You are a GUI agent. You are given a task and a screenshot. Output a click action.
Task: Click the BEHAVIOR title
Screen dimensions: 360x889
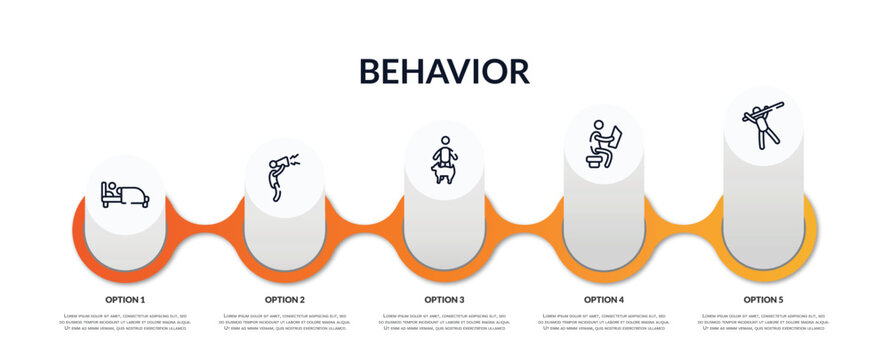pyautogui.click(x=444, y=71)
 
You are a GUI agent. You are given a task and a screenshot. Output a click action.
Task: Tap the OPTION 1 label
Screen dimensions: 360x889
pyautogui.click(x=125, y=299)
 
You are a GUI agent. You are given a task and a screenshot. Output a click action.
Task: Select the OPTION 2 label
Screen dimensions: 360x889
pyautogui.click(x=285, y=299)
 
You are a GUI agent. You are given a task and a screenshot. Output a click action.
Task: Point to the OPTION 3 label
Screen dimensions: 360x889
pyautogui.click(x=444, y=299)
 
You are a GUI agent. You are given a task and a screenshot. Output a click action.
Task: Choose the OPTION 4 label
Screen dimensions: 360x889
pyautogui.click(x=604, y=299)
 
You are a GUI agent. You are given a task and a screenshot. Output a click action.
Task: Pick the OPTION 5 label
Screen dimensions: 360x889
pyautogui.click(x=763, y=299)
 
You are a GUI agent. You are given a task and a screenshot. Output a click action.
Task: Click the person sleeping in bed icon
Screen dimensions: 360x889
pyautogui.click(x=125, y=194)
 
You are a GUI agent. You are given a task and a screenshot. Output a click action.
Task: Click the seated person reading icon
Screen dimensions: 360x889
pyautogui.click(x=604, y=143)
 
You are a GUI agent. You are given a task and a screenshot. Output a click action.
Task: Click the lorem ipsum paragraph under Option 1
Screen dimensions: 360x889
pyautogui.click(x=125, y=323)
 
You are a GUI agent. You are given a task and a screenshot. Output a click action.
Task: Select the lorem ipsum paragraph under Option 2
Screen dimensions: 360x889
pyautogui.click(x=285, y=323)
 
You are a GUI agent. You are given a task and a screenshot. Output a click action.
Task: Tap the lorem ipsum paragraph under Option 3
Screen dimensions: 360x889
pyautogui.click(x=444, y=323)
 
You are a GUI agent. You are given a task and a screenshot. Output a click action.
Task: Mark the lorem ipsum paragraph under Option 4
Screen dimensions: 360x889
pyautogui.click(x=604, y=323)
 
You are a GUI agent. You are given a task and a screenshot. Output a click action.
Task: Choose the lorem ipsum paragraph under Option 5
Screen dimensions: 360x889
pyautogui.click(x=763, y=323)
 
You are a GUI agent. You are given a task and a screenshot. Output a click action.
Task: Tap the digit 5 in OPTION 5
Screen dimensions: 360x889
pyautogui.click(x=781, y=299)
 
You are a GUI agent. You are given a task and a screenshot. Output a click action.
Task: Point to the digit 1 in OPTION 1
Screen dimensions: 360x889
pyautogui.click(x=142, y=299)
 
